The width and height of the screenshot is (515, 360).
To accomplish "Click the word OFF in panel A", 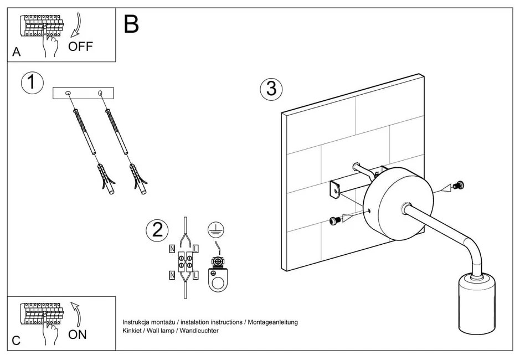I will click(x=81, y=46).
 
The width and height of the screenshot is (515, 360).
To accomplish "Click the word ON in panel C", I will click(x=78, y=334).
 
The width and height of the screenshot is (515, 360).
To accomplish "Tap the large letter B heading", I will click(x=131, y=24).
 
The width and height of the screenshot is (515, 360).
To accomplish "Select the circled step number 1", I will click(x=32, y=82).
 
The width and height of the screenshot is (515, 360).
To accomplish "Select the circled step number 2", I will click(x=157, y=230).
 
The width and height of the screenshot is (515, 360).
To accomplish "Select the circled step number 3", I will click(x=271, y=89).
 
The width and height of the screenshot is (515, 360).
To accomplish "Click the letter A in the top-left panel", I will click(x=16, y=53).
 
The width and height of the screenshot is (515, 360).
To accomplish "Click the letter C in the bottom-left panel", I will click(x=16, y=341).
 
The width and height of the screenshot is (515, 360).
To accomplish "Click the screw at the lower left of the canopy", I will click(x=333, y=220).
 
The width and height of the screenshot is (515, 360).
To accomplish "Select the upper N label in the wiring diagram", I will click(x=172, y=249).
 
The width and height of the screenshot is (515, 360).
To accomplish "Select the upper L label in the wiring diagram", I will click(x=197, y=249).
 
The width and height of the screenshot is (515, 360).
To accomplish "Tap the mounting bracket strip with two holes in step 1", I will click(x=84, y=93).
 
